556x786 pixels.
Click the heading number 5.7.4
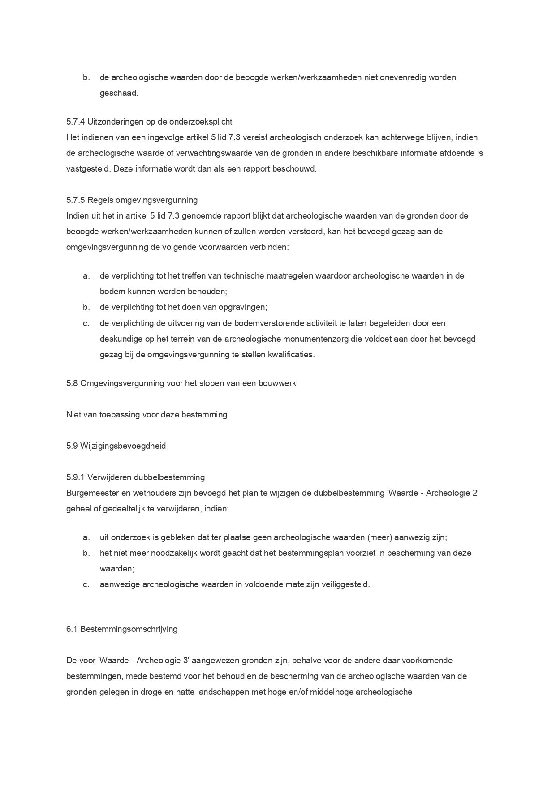75,122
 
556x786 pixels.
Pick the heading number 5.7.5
75,200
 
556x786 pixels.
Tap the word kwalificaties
291,355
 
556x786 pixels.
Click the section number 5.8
72,384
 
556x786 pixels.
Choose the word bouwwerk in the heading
277,384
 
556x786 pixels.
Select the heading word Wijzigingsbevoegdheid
123,446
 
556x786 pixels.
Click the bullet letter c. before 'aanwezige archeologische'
86,584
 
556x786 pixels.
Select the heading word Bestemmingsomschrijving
128,629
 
